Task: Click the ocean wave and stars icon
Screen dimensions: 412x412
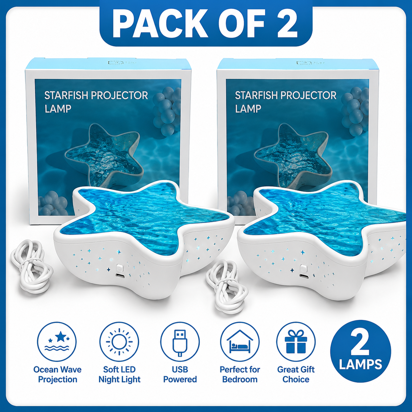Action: (57, 342)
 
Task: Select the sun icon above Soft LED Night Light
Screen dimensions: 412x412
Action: (119, 342)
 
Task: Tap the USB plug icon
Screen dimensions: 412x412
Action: (180, 342)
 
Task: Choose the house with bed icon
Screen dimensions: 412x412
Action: (240, 342)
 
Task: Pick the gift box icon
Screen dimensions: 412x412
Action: (296, 342)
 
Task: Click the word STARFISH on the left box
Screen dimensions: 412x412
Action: (66, 96)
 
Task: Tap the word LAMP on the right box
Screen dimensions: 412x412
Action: (248, 109)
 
